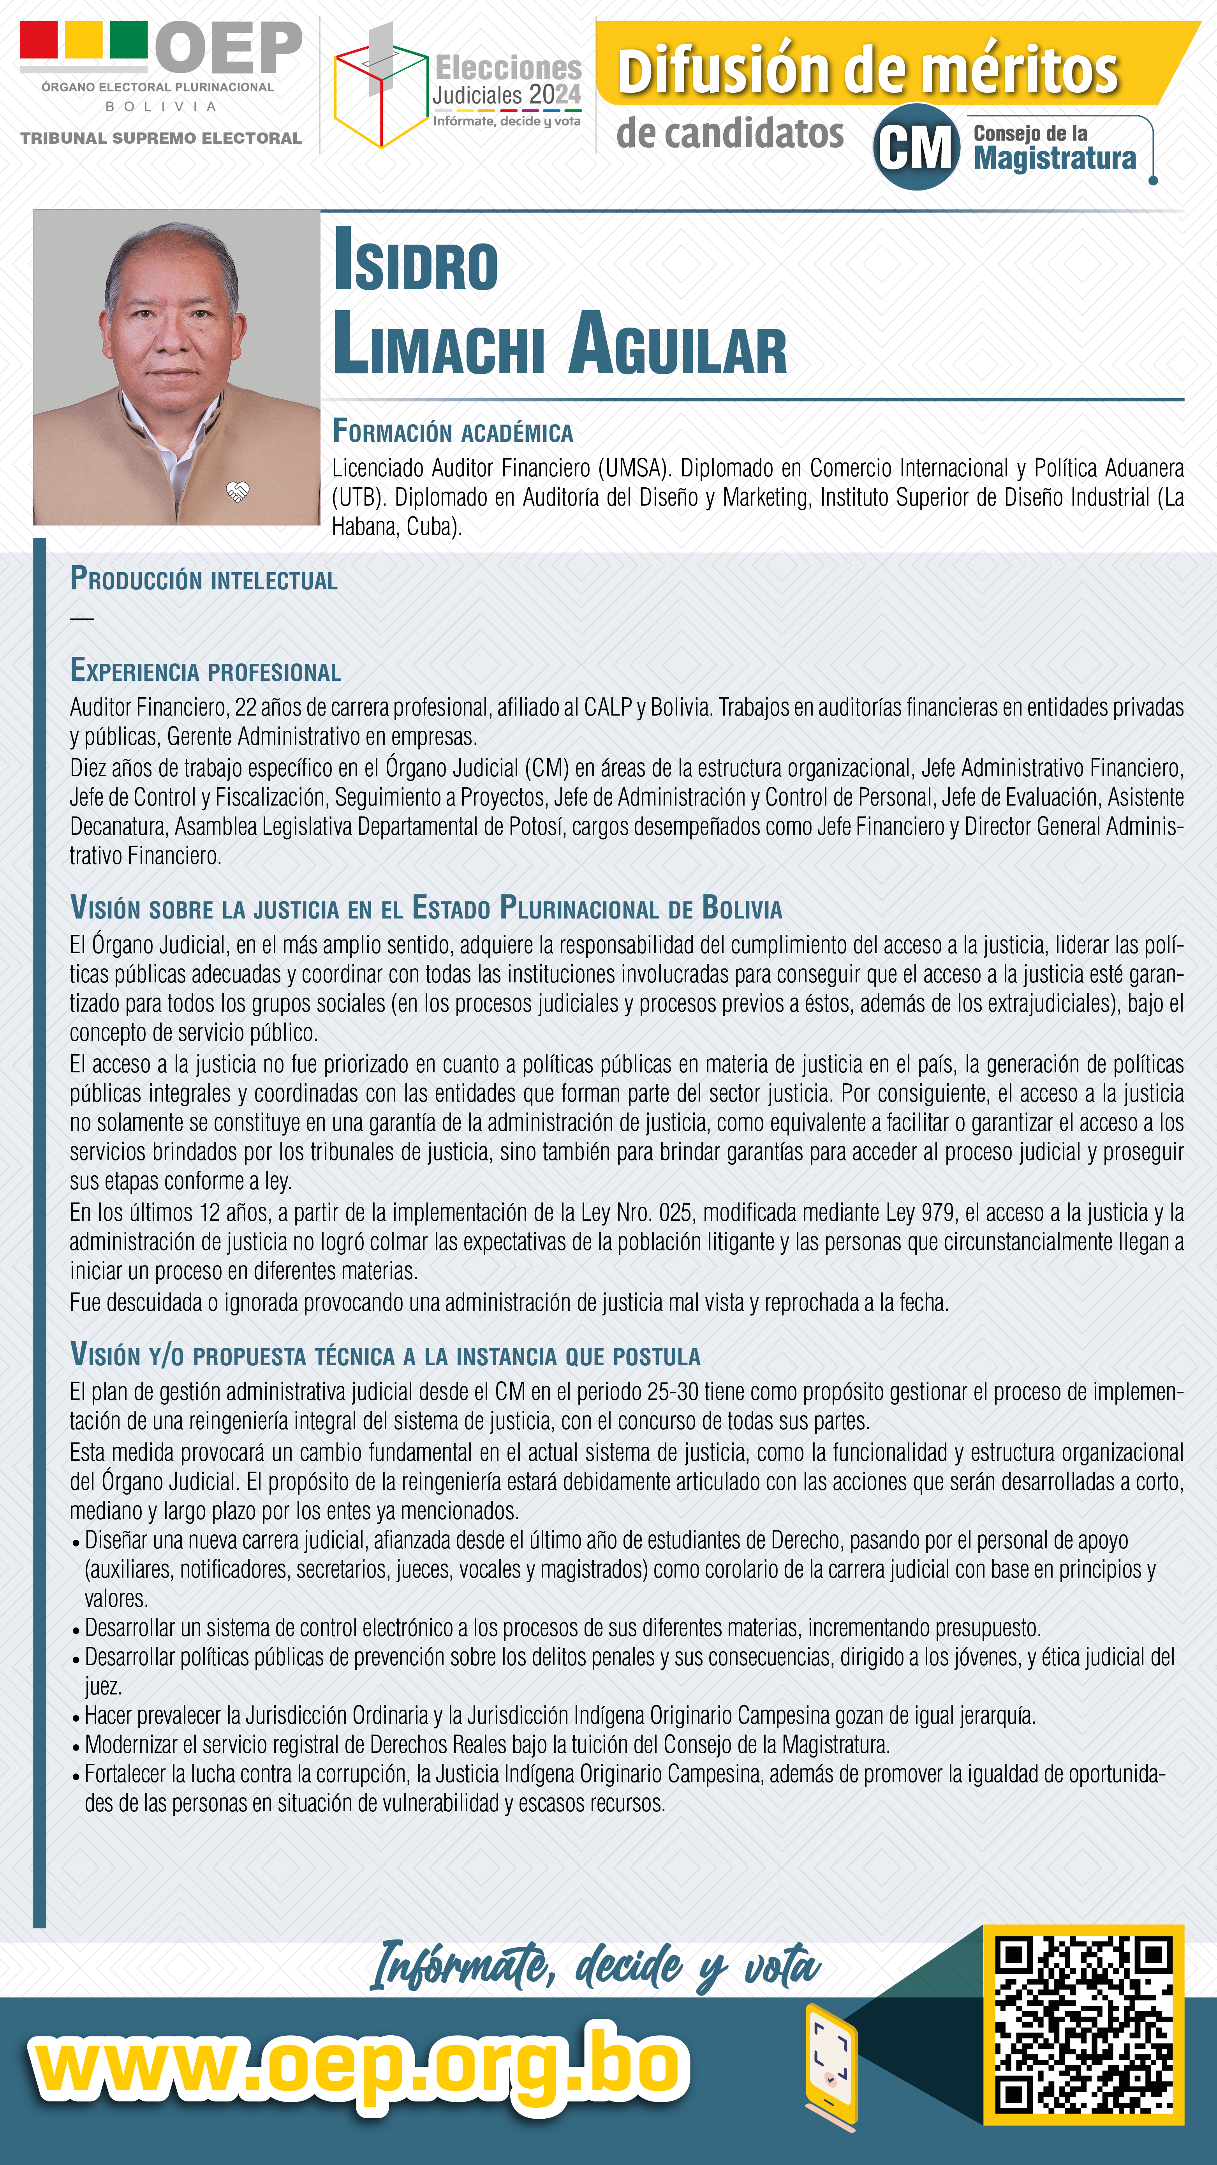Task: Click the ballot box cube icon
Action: pyautogui.click(x=381, y=91)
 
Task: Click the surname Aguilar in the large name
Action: pyautogui.click(x=677, y=345)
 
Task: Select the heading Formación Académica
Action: pyautogui.click(x=452, y=432)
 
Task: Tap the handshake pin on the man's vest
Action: pyautogui.click(x=238, y=492)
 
